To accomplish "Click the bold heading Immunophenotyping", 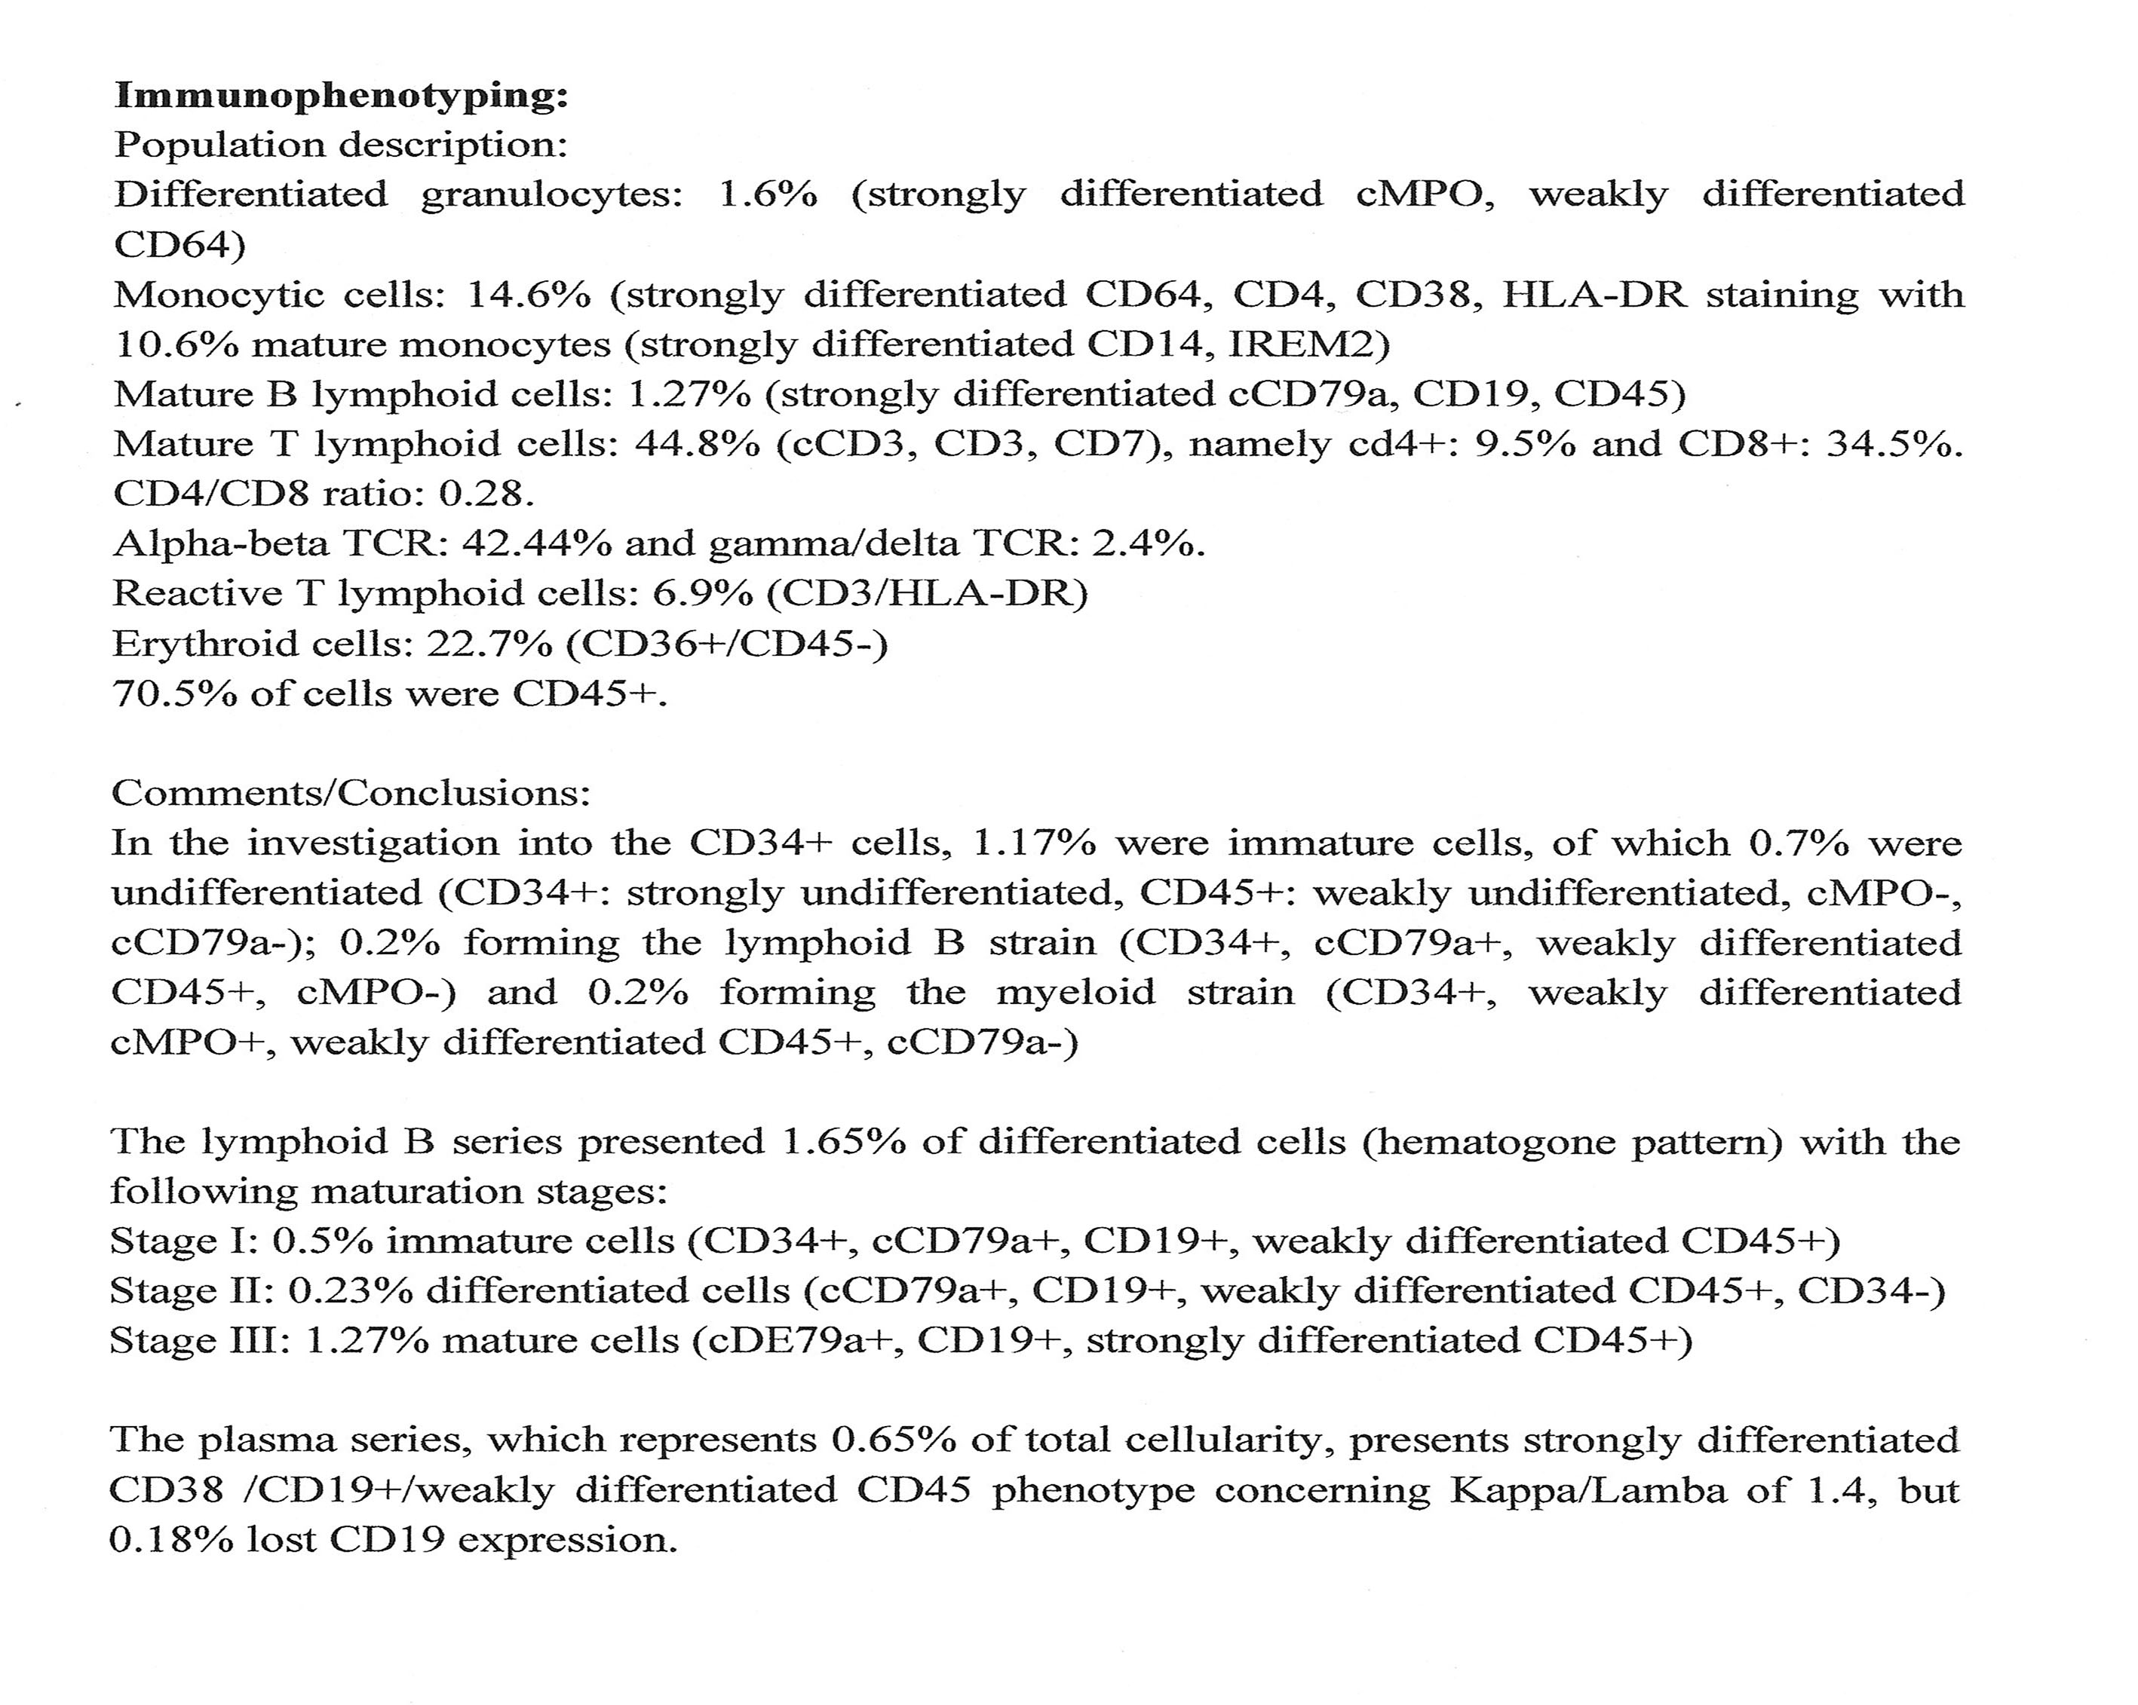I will [x=342, y=96].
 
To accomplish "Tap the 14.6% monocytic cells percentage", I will [x=529, y=295].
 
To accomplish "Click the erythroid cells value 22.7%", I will [x=488, y=644].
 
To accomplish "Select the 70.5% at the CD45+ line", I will [x=173, y=693].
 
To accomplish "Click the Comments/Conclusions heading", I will [x=351, y=792].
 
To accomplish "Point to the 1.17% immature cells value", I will [x=1035, y=843].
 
